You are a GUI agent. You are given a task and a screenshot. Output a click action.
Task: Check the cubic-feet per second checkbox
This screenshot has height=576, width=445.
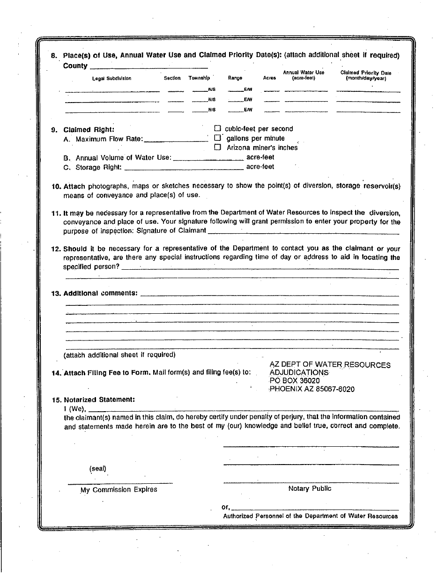coord(217,128)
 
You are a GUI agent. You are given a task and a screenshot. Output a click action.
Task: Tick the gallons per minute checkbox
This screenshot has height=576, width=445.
coord(217,138)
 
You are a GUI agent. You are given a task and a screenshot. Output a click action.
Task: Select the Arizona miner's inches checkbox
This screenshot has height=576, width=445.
coord(217,148)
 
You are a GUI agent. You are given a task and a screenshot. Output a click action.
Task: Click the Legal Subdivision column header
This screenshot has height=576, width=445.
coord(111,78)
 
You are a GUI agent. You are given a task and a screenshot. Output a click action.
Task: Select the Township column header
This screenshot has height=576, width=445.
coord(199,78)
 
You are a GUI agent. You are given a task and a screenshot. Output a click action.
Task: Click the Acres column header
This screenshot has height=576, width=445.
coord(270,78)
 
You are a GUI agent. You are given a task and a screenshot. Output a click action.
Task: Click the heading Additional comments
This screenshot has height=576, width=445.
coord(100,293)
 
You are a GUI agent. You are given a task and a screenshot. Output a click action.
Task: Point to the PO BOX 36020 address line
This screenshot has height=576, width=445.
coord(295,381)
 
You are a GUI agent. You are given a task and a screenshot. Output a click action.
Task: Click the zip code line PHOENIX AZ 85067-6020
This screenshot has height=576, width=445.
coord(312,389)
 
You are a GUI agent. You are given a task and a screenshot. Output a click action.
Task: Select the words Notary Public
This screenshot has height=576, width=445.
coord(310,488)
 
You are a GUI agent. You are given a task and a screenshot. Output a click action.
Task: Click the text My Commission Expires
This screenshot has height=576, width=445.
coord(119,489)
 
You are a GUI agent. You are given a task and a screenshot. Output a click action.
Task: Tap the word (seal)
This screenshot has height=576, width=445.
coord(97,468)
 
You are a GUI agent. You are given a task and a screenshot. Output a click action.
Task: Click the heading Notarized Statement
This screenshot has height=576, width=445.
coord(99,399)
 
